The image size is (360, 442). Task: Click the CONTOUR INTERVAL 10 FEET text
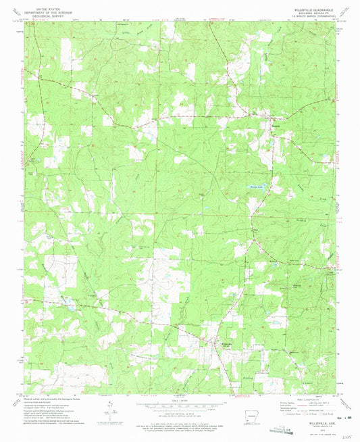(x=180, y=413)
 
